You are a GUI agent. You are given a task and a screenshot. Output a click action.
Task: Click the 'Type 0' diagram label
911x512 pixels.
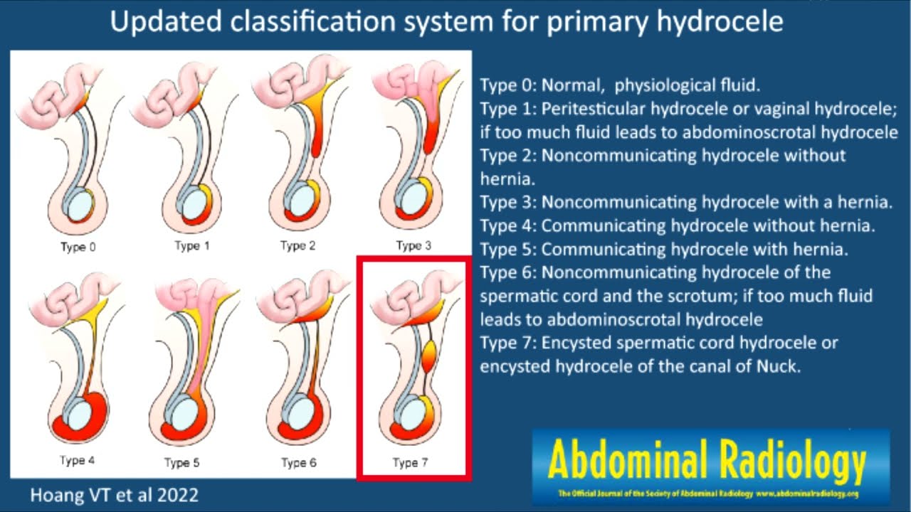click(78, 247)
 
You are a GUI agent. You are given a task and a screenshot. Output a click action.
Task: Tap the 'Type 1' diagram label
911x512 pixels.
click(192, 246)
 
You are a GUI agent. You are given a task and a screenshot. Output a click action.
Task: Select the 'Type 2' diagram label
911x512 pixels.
click(298, 246)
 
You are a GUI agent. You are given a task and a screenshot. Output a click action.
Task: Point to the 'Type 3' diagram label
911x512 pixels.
click(414, 246)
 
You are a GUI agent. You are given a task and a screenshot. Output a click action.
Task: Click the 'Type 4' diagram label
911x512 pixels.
click(78, 461)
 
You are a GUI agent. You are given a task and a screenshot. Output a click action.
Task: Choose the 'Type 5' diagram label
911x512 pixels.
click(182, 463)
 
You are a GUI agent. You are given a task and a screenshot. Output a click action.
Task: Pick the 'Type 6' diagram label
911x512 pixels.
click(299, 463)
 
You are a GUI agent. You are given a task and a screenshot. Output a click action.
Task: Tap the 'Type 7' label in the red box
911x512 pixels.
click(411, 463)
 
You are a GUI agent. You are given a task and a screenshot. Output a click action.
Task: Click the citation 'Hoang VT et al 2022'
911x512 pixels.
click(114, 496)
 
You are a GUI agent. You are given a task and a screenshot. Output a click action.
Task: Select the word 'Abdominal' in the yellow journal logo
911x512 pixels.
click(627, 462)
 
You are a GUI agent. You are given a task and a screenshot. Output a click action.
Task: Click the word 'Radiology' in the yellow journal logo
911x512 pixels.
click(791, 462)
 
